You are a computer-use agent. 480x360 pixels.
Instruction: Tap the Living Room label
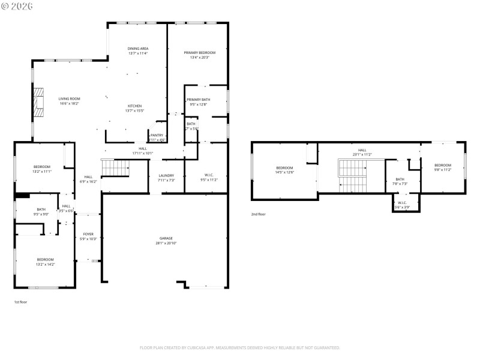[x=69, y=101]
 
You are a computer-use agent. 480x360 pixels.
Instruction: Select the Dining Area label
[x=138, y=50]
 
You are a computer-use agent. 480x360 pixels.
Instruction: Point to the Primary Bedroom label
[x=199, y=55]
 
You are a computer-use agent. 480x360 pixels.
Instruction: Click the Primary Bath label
[x=198, y=102]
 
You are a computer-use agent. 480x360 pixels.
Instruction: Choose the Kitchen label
[x=134, y=108]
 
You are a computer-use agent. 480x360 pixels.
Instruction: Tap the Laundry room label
[x=166, y=178]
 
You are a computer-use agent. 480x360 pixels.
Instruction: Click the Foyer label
[x=88, y=236]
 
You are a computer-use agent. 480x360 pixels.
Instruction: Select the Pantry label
[x=157, y=137]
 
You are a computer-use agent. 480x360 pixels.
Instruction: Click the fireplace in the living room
[x=40, y=102]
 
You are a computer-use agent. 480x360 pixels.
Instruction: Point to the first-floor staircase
[x=115, y=169]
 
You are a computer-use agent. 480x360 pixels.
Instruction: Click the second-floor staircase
[x=352, y=175]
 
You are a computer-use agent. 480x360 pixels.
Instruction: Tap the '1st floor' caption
[x=20, y=302]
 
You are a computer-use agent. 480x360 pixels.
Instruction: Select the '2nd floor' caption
[x=258, y=214]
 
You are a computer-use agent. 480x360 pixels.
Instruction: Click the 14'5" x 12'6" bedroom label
[x=284, y=170]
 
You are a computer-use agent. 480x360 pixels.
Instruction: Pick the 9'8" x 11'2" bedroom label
[x=443, y=167]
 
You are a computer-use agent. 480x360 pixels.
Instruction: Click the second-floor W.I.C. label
[x=402, y=205]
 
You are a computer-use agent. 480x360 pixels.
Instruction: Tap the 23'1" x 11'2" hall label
[x=362, y=152]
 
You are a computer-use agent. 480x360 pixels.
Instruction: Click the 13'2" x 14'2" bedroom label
[x=45, y=262]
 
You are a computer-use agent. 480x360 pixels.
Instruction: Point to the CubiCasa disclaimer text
[x=240, y=347]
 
